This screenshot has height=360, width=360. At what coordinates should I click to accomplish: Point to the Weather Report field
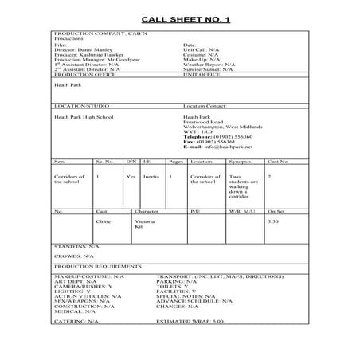tap(209, 65)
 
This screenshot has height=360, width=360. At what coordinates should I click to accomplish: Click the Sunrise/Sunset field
tap(207, 71)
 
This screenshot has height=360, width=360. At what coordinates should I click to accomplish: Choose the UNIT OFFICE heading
tap(202, 76)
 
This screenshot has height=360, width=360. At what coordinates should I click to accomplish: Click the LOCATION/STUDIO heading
tap(80, 105)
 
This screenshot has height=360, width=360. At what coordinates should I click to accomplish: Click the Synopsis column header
tap(240, 161)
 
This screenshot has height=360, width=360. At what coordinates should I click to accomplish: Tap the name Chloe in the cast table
tap(102, 221)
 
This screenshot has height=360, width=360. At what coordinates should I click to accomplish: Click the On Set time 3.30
tap(273, 221)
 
